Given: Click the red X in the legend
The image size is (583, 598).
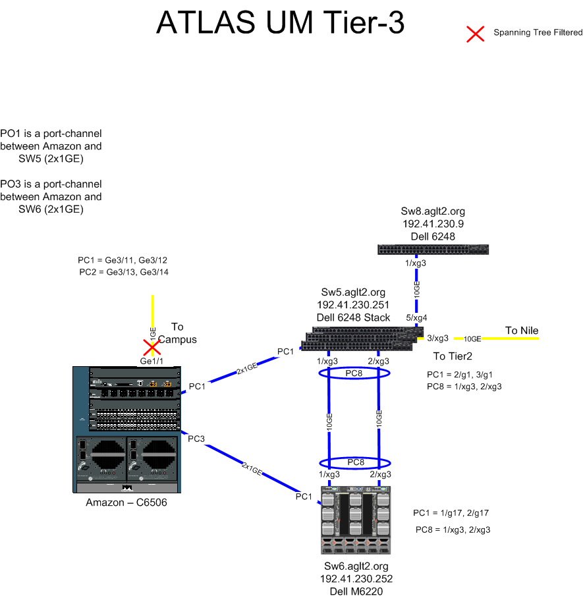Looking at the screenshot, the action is pos(476,34).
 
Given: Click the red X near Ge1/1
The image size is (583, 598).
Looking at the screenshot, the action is pos(152,347).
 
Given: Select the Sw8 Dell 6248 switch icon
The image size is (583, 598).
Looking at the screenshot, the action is pos(433,250).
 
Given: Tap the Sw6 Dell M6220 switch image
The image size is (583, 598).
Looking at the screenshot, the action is pos(356,520).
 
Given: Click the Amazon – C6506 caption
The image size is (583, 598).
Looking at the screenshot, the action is pos(126,503).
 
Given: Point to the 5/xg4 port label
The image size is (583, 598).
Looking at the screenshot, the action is pos(416,317).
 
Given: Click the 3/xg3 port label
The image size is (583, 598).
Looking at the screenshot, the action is pos(437,339).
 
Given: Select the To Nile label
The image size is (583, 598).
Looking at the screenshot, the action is pos(522,330).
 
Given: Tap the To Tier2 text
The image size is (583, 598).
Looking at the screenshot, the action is pos(453,356).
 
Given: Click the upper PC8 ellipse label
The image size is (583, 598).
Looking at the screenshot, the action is pos(354,373).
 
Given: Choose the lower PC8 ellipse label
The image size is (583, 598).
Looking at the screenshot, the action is pos(356,462).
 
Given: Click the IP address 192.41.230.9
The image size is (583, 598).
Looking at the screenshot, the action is pos(433,224).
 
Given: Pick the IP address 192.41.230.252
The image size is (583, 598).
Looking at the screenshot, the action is pos(356,579).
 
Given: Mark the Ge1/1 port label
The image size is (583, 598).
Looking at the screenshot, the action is pos(152,361).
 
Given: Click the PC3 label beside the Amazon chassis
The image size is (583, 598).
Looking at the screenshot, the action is pos(196,439).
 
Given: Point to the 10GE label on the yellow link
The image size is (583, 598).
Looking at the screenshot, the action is pos(472,339).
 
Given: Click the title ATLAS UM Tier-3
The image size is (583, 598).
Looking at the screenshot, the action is pos(281,22).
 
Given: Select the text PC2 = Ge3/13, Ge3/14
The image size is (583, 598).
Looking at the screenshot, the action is pos(124,272).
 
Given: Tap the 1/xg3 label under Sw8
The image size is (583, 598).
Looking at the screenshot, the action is pos(416,263).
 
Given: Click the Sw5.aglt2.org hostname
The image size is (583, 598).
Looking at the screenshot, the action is pos(353,292).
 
